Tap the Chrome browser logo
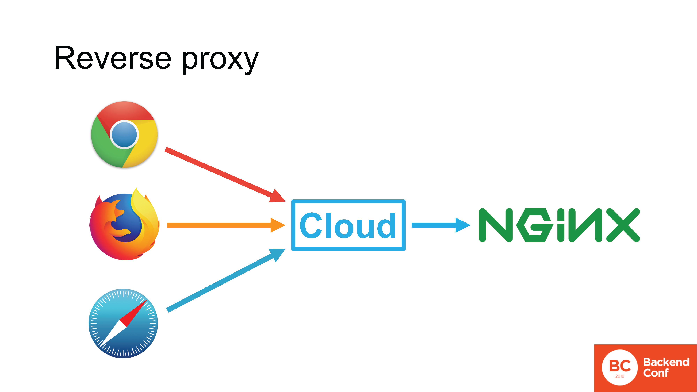tap(124, 134)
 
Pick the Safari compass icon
tap(123, 323)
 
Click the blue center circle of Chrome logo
tap(124, 134)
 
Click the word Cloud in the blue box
tap(348, 225)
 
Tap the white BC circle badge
tap(620, 367)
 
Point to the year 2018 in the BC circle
tap(620, 376)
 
